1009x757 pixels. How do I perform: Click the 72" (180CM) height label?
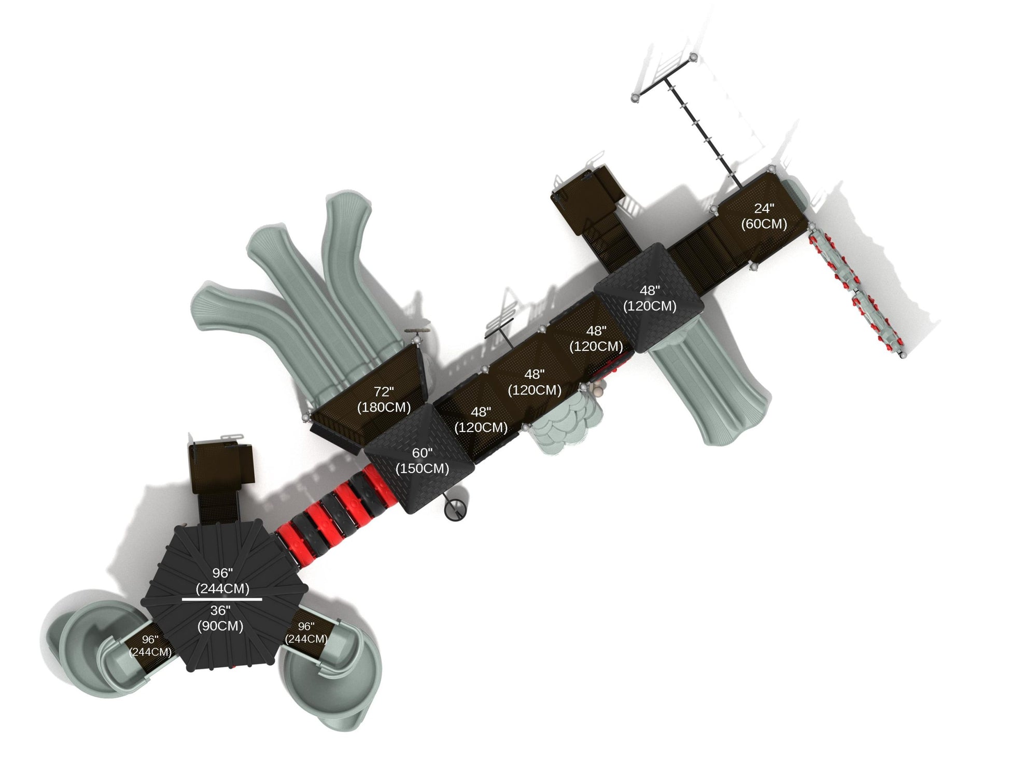click(x=384, y=400)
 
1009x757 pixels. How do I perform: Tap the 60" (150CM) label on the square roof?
click(x=422, y=461)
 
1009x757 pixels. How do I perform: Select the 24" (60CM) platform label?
click(x=764, y=216)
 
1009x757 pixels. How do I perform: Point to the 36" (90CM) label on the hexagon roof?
click(x=220, y=618)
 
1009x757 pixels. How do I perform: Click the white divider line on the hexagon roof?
click(x=222, y=599)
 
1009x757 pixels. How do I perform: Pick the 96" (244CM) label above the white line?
click(x=222, y=581)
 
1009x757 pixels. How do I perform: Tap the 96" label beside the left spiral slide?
click(x=150, y=646)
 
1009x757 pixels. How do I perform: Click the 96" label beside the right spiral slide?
click(x=306, y=633)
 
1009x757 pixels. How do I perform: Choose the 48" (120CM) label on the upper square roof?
click(x=650, y=299)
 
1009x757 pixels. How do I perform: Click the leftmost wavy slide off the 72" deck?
click(x=259, y=337)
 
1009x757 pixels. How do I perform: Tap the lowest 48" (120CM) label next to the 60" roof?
click(x=481, y=419)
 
